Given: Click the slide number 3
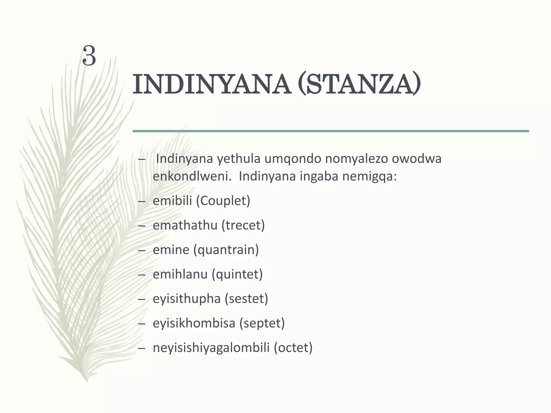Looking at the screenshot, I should click(x=89, y=56).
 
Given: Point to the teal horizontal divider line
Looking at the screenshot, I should click(x=330, y=131).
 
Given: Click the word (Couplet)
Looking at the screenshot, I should click(x=223, y=201).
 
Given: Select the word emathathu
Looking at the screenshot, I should click(x=185, y=225).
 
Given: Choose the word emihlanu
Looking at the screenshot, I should click(x=180, y=274).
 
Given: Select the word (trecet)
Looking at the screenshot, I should click(x=243, y=225).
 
